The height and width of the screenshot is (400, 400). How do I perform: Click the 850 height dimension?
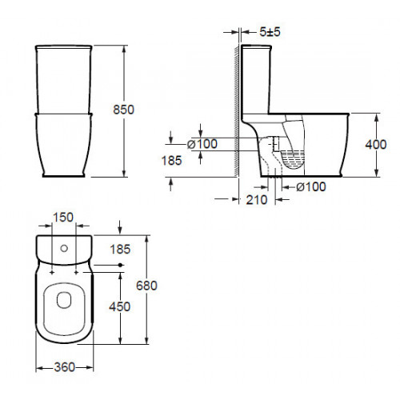tap(123, 110)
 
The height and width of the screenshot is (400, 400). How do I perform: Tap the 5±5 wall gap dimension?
tap(270, 32)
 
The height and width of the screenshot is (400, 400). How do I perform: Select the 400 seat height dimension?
tap(376, 144)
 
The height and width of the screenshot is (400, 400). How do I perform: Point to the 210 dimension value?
tap(257, 200)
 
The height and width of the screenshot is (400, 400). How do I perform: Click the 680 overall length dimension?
tap(146, 286)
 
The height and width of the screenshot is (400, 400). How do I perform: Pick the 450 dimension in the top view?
tap(120, 306)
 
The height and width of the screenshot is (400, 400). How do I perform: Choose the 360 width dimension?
tap(65, 367)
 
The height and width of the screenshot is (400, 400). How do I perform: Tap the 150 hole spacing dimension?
tap(63, 218)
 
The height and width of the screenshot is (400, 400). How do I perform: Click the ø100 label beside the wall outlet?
tap(202, 144)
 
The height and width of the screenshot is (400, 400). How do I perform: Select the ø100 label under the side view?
tap(311, 186)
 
